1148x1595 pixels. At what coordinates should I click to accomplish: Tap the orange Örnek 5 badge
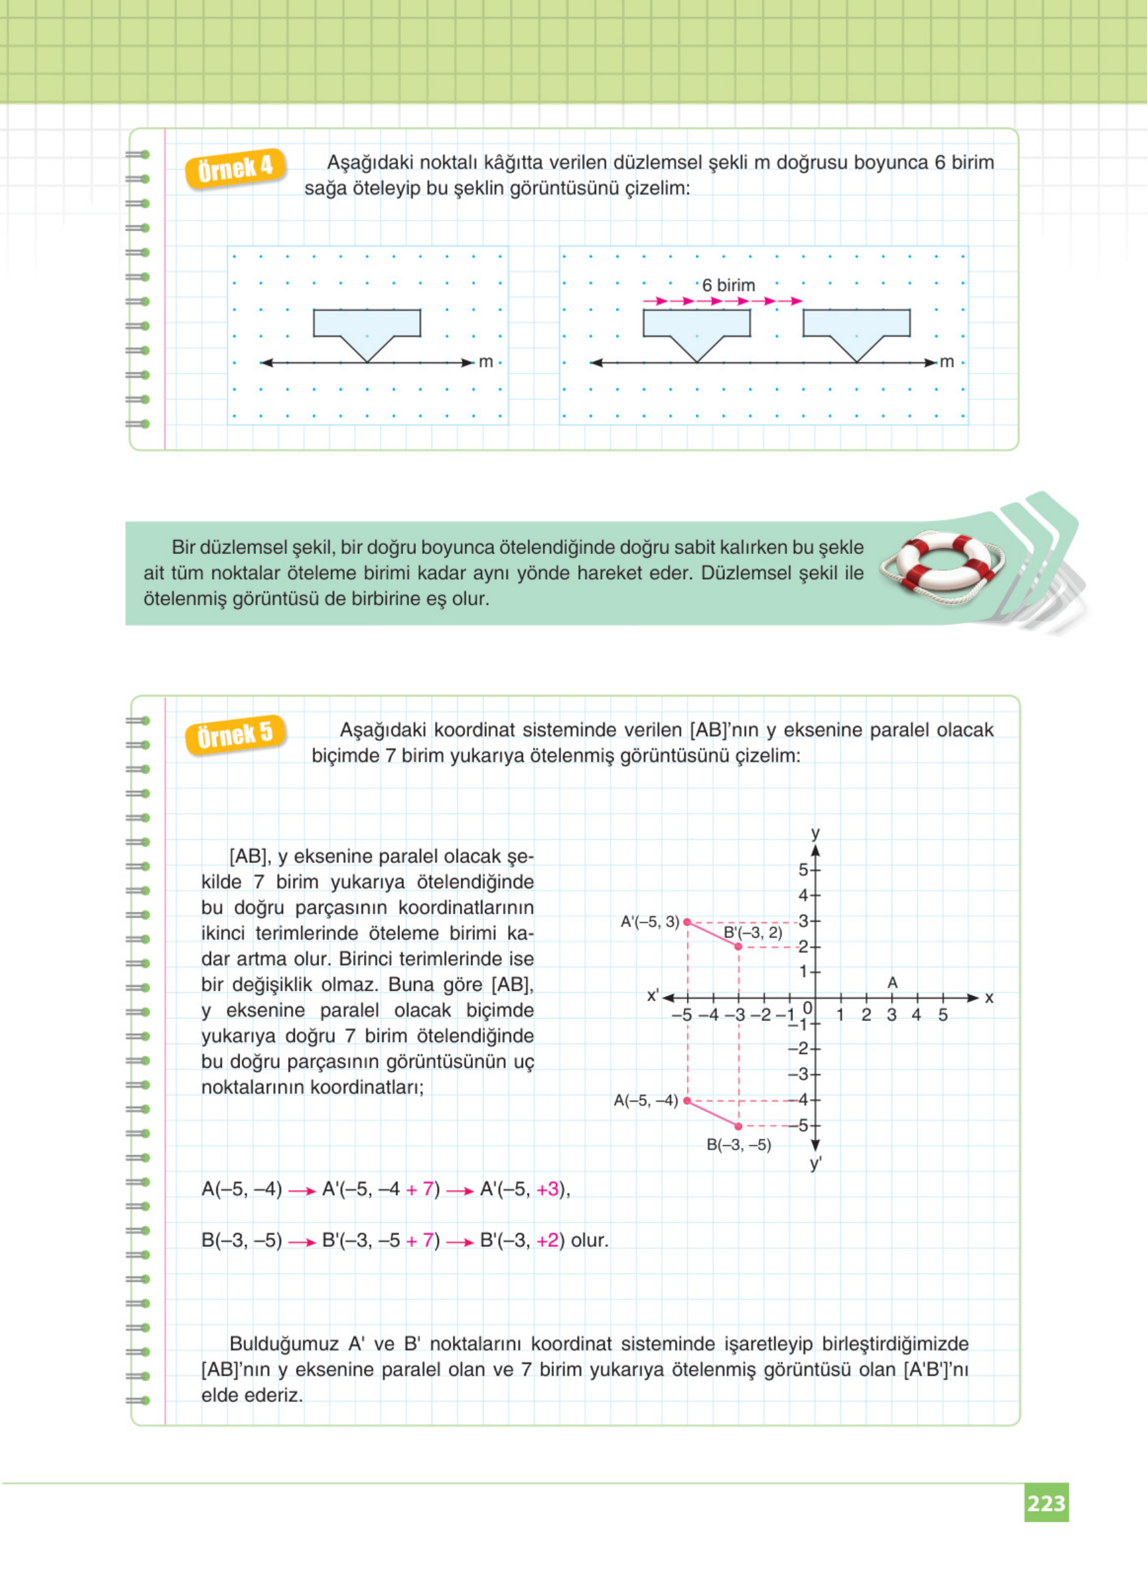click(x=235, y=736)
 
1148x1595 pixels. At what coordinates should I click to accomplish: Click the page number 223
click(x=1046, y=1503)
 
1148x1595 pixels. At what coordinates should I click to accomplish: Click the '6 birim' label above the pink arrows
click(x=728, y=286)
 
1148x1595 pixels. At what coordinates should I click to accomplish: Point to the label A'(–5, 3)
click(x=649, y=921)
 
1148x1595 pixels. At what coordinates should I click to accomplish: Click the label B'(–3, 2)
click(x=753, y=933)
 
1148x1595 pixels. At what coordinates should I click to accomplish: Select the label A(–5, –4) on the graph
click(x=645, y=1101)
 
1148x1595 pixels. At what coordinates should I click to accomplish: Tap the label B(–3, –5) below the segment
click(x=739, y=1145)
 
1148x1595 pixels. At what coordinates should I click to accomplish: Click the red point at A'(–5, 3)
click(x=687, y=922)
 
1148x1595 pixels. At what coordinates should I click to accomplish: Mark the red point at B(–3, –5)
click(x=738, y=1127)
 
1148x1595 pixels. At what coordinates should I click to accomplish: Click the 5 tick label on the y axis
click(x=803, y=870)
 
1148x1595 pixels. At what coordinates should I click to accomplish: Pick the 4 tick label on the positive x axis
click(x=916, y=1015)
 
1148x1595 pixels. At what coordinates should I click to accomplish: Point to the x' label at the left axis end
click(x=653, y=995)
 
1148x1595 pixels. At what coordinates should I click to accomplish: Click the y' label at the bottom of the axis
click(x=816, y=1163)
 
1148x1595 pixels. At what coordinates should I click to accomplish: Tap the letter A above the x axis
click(x=892, y=982)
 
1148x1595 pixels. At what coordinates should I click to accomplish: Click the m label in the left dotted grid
click(x=486, y=362)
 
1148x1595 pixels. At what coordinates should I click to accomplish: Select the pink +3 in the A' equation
click(x=547, y=1189)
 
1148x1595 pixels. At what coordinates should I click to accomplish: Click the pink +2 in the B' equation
click(x=547, y=1240)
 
